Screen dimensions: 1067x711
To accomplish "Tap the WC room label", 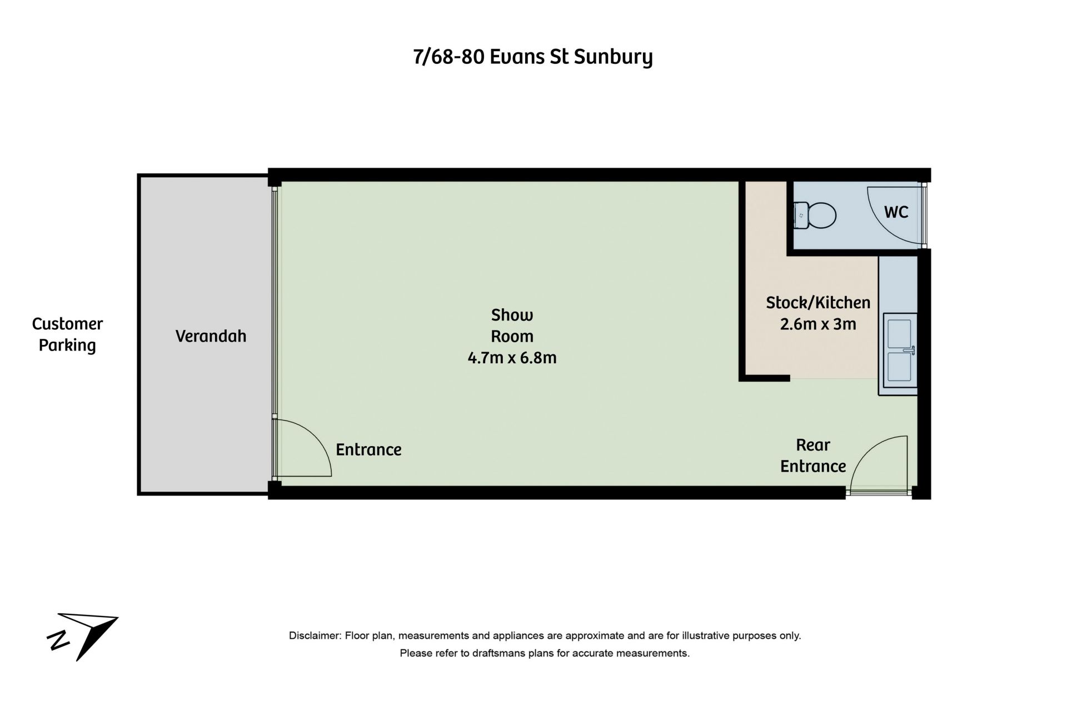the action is [x=896, y=212].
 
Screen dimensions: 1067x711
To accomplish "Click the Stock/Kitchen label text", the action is [x=818, y=303].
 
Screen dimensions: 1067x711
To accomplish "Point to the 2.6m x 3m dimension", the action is [x=818, y=324].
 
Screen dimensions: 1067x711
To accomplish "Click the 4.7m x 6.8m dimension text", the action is [x=512, y=358].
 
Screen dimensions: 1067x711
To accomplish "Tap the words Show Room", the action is [x=512, y=326].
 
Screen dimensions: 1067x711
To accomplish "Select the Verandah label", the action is [x=211, y=336].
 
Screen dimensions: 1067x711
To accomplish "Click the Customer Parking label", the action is [x=67, y=334].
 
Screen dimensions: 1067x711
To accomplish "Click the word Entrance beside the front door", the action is [x=368, y=449].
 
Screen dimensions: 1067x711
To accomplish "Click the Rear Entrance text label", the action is [x=813, y=455].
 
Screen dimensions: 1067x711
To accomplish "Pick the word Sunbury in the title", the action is [x=613, y=57].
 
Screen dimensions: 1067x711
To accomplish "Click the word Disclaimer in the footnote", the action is [x=313, y=635].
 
